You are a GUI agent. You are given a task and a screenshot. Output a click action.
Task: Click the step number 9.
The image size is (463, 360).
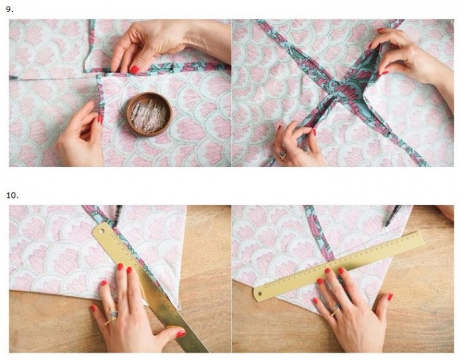point(9,9)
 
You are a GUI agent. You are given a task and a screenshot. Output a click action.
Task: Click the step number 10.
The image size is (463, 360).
point(12,195)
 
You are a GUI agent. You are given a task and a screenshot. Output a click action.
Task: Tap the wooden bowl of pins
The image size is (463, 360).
point(150,114)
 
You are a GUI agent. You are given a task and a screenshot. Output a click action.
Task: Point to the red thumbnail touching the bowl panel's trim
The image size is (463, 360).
point(134,70)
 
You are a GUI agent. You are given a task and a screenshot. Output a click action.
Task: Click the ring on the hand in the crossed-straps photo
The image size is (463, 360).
point(282,154)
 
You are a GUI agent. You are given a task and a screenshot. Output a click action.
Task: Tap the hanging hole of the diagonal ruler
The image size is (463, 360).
point(103,229)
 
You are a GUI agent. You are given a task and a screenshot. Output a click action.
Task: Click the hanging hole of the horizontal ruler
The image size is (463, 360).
point(260,294)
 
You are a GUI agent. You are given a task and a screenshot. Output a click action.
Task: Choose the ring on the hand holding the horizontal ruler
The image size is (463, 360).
point(336,310)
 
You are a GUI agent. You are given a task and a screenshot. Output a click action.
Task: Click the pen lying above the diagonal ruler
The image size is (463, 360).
point(117,216)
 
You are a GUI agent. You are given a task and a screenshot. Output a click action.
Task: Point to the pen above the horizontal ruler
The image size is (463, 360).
point(393,216)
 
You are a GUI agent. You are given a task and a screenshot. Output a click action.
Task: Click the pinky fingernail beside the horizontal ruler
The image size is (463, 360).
point(390,297)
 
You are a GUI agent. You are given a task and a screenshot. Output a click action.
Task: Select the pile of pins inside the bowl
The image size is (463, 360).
point(148,116)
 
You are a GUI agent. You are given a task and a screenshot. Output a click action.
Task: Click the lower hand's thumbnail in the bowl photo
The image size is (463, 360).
point(100,119)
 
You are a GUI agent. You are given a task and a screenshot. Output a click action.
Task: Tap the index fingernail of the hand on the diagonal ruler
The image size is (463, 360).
point(130,270)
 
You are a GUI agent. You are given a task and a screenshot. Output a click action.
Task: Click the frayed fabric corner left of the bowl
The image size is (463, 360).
point(99,77)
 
